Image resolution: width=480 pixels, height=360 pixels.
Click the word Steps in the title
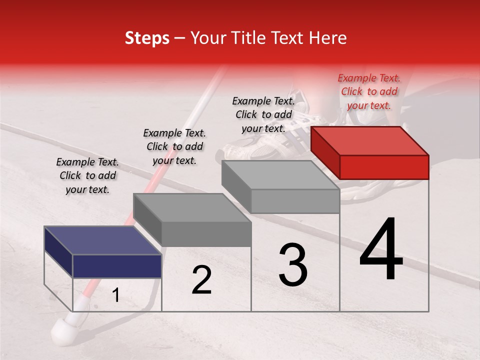(147, 38)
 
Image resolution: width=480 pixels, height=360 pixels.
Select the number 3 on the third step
(292, 265)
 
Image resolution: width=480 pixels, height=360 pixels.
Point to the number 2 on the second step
(201, 280)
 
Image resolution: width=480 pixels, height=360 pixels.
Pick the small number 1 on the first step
(115, 295)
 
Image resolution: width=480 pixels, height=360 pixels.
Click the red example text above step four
(369, 91)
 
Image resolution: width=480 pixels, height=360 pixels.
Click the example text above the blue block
(87, 175)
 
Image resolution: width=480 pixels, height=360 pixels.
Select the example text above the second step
(174, 146)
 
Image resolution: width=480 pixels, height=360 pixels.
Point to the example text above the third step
(263, 114)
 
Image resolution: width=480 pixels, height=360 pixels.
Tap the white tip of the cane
(64, 329)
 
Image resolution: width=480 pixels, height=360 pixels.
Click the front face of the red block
(384, 166)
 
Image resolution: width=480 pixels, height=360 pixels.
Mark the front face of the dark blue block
(117, 265)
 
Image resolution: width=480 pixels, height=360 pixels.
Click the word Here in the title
(328, 38)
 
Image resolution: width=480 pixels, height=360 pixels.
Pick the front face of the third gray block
(295, 201)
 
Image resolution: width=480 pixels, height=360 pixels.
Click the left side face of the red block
(325, 152)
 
